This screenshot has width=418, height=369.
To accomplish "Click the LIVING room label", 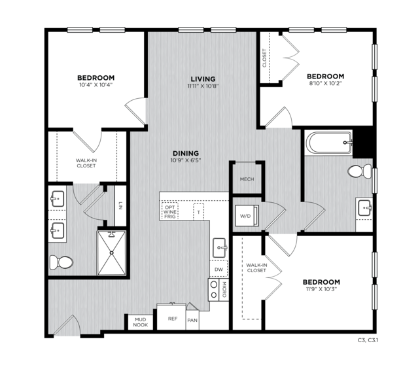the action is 203,79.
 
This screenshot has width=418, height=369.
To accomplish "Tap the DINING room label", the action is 186,153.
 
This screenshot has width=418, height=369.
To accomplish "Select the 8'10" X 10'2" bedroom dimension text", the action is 325,83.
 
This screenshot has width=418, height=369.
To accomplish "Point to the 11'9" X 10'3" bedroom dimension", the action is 321,289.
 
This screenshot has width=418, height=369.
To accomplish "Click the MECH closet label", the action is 247,179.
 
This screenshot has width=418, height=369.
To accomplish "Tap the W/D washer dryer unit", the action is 247,216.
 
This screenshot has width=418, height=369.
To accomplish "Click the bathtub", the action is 329,143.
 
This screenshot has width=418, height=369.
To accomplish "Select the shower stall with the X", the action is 111,253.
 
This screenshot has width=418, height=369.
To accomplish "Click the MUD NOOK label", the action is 141,322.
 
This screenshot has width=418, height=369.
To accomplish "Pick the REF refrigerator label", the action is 173,319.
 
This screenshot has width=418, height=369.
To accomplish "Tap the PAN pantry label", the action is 192,320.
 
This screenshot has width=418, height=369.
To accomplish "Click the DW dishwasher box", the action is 219,269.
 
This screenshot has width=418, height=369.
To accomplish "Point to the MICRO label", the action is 224,290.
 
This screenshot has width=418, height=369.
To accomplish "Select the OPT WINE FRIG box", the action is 170,212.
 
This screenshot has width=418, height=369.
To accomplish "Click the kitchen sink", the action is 220,248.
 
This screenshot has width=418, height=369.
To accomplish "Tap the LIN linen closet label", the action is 120,205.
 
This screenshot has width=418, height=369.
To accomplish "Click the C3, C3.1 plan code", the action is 368,340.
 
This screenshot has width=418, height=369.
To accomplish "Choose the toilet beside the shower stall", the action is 61,262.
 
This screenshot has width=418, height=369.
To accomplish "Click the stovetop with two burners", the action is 213,290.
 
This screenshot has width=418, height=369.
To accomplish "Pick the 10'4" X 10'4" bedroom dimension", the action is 96,85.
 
